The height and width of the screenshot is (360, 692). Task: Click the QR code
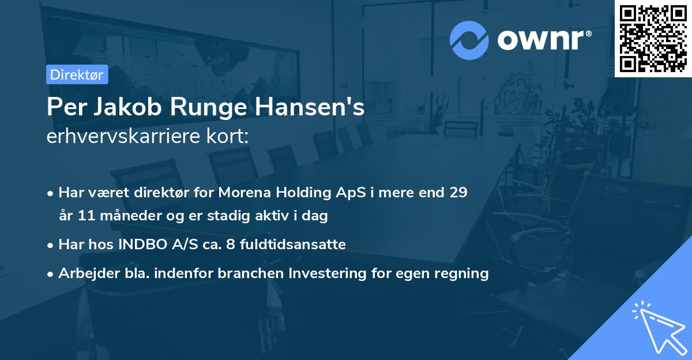coord(653,39)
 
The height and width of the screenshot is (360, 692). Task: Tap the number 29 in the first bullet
coord(458,193)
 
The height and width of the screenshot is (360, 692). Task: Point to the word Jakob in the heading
coord(122,108)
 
